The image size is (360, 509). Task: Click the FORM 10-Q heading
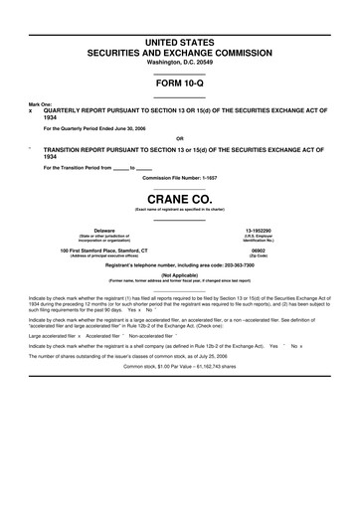click(179, 84)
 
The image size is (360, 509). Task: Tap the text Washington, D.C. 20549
click(179, 62)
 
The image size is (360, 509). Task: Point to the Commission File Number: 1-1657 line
click(179, 177)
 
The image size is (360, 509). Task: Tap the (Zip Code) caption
click(271, 256)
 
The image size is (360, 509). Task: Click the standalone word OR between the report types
click(179, 138)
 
